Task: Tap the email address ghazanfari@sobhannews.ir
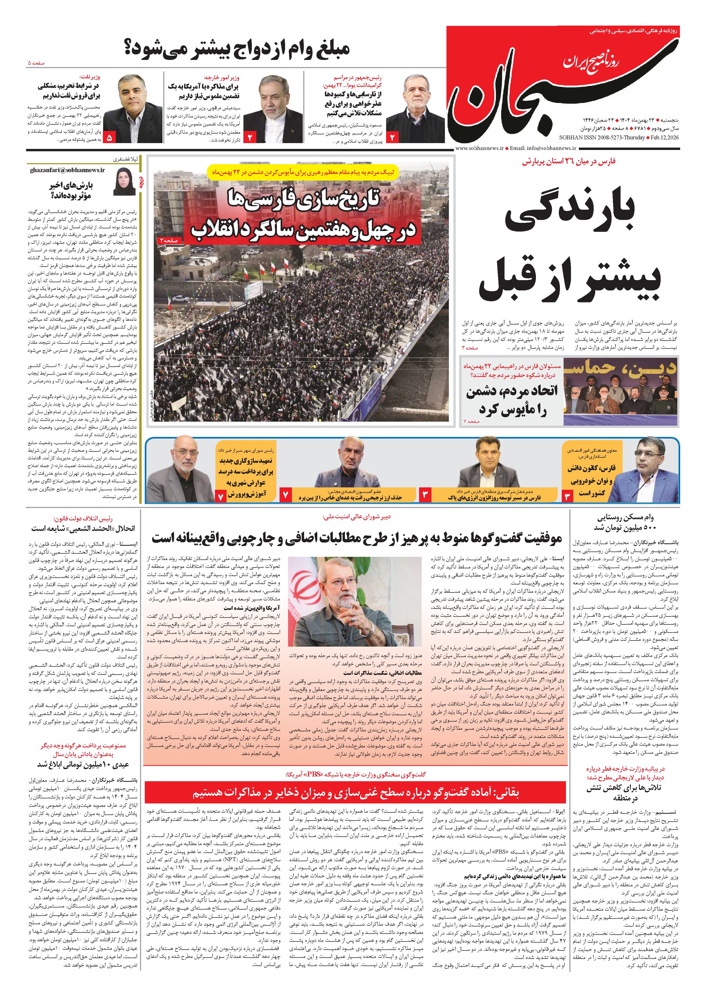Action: point(68,170)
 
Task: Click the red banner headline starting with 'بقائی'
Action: point(355,793)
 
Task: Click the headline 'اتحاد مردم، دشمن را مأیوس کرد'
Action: point(511,401)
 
